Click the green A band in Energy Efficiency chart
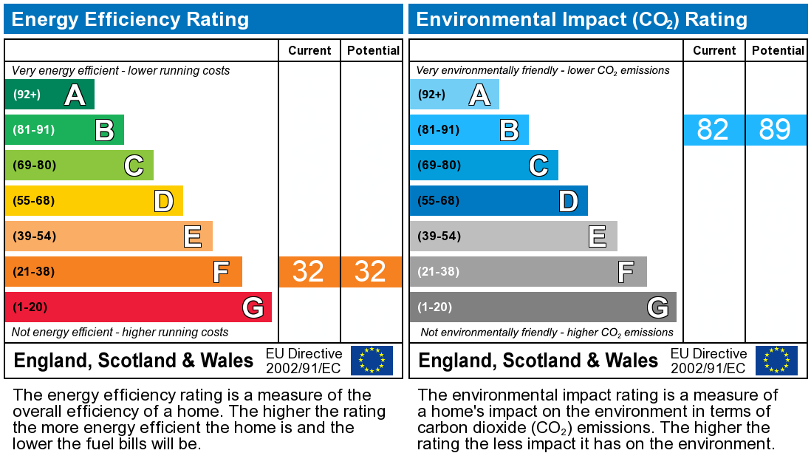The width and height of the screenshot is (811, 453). click(49, 95)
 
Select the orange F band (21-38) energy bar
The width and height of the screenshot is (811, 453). click(123, 272)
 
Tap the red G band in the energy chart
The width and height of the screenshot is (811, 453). click(138, 307)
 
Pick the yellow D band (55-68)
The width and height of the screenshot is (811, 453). click(94, 201)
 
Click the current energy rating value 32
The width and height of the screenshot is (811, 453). click(309, 272)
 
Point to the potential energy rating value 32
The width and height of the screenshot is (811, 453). click(371, 272)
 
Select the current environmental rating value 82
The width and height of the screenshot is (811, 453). click(714, 130)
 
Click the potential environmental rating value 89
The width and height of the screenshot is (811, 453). click(776, 130)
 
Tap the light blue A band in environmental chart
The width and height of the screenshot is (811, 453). click(454, 95)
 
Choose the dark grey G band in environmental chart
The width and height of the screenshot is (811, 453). click(543, 307)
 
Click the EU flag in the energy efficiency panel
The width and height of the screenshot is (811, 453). click(372, 361)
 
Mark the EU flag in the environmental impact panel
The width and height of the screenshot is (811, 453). click(776, 361)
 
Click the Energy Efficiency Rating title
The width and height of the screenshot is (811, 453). click(131, 19)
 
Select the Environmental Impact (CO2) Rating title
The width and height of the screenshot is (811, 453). click(582, 19)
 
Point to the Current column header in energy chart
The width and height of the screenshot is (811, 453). click(309, 50)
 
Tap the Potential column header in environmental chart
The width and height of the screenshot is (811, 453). click(778, 50)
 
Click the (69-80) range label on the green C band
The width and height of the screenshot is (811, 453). click(35, 166)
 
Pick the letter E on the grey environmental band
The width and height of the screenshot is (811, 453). click(597, 236)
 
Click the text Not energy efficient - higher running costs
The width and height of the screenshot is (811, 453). click(120, 333)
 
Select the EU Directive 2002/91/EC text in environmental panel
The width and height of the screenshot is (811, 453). click(708, 361)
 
